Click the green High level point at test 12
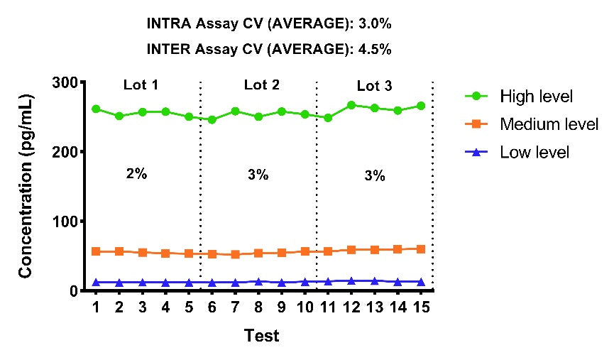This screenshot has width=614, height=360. (x=351, y=105)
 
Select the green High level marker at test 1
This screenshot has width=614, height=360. (x=96, y=109)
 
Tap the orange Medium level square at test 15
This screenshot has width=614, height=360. (x=421, y=249)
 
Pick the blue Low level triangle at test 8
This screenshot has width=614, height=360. (x=258, y=282)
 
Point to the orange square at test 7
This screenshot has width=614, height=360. (x=236, y=254)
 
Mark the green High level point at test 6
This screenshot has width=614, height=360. (x=212, y=119)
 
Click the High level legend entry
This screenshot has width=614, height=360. (x=519, y=97)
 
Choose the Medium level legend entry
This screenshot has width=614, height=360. (x=532, y=124)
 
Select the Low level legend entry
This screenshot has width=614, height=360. (x=517, y=152)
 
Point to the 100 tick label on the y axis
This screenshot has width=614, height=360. (x=65, y=222)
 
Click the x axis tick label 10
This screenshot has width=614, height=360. (x=305, y=307)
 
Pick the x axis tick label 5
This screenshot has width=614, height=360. (x=189, y=307)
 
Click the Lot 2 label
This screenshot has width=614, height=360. (x=262, y=84)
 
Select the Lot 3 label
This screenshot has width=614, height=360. (x=374, y=86)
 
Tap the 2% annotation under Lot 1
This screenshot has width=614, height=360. (x=137, y=173)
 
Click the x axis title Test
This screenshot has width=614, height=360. (x=262, y=336)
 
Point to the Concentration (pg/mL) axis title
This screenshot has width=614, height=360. (x=25, y=187)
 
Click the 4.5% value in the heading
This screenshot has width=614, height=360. (x=375, y=50)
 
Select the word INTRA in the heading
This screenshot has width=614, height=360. (x=169, y=24)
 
